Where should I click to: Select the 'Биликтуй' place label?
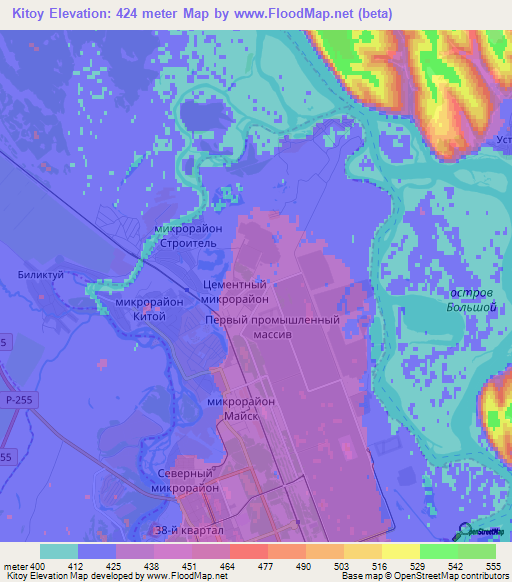tap(40, 272)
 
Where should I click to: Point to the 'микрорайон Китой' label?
tap(148, 308)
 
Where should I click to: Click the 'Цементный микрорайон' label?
tap(236, 291)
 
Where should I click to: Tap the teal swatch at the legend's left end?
tap(58, 551)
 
